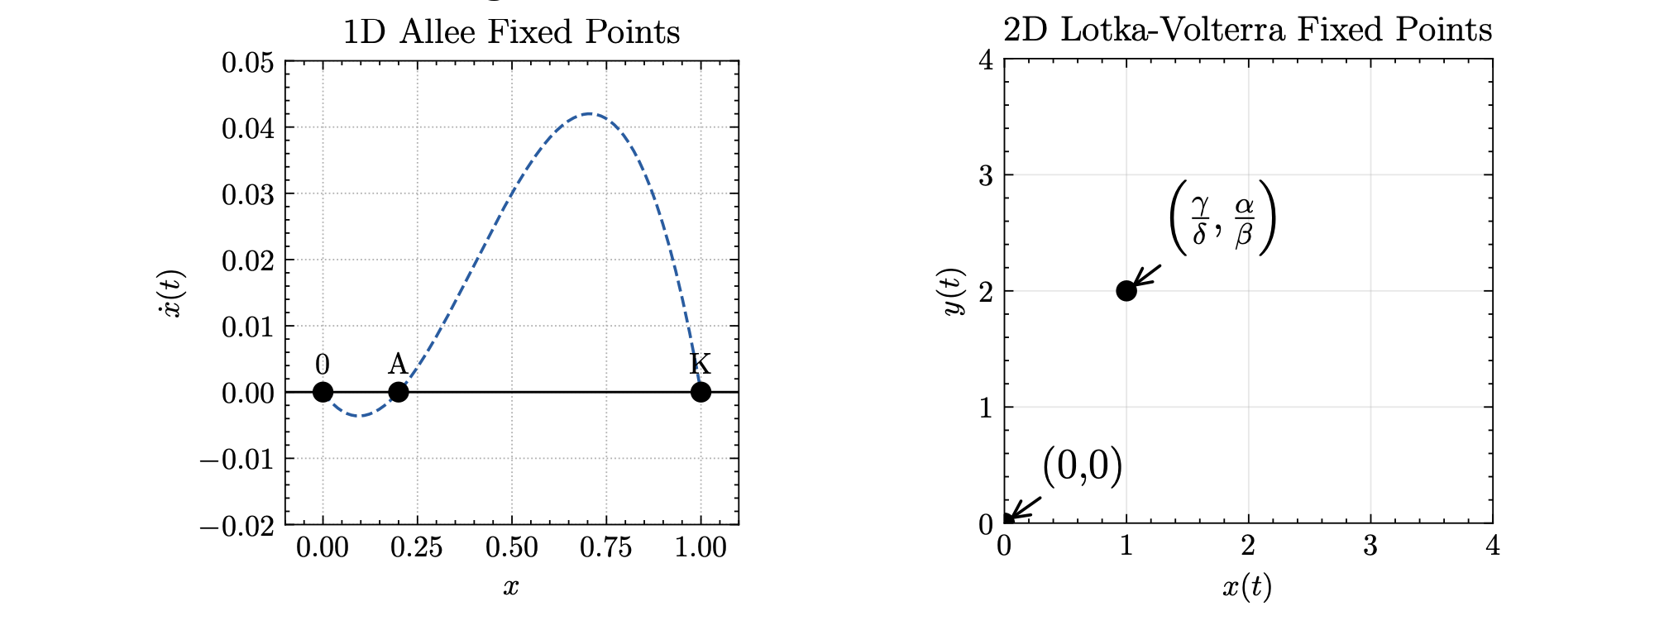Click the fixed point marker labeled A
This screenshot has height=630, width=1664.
click(x=398, y=392)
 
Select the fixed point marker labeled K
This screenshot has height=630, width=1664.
click(x=701, y=392)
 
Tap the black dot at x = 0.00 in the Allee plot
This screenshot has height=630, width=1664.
click(x=323, y=392)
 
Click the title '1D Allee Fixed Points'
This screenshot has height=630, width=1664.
click(x=511, y=32)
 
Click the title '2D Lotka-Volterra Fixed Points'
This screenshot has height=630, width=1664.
click(x=1247, y=30)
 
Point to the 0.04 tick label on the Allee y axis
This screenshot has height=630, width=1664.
click(x=247, y=128)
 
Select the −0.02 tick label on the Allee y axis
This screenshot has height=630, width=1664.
click(x=237, y=525)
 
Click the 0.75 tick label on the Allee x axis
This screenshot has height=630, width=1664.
click(x=606, y=548)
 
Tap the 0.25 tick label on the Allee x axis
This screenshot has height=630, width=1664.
click(x=417, y=548)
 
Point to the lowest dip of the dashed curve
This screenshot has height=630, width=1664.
click(x=358, y=415)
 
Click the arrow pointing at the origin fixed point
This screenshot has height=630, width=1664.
click(x=1025, y=508)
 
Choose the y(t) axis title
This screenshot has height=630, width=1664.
click(x=954, y=291)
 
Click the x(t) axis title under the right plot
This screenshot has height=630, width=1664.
click(x=1247, y=587)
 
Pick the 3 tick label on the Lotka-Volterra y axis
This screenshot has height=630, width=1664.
click(x=985, y=176)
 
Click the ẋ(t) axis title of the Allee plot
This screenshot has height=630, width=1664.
click(x=174, y=294)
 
